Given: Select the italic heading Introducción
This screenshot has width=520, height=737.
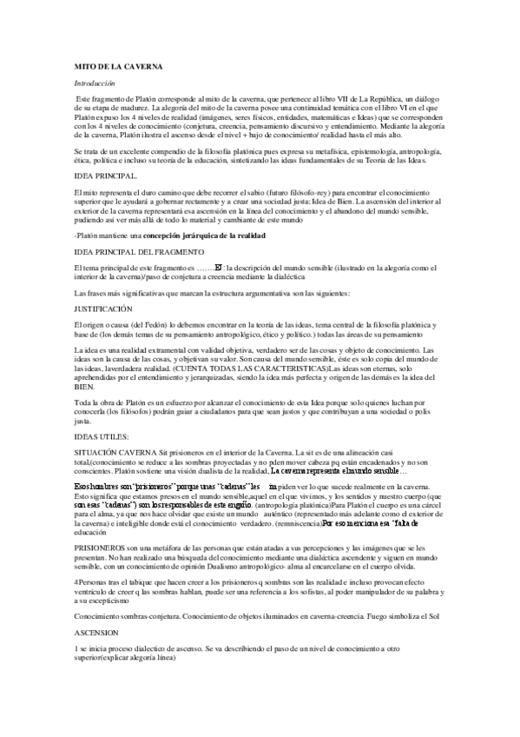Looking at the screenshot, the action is pos(95,82).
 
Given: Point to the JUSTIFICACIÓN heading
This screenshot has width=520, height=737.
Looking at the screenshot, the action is pos(103,309).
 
